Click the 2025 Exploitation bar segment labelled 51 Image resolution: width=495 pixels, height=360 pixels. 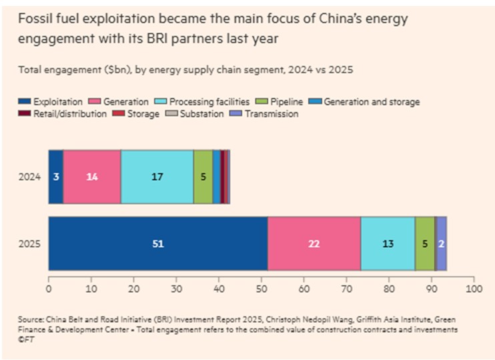click(157, 244)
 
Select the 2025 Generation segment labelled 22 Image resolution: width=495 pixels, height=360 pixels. click(314, 244)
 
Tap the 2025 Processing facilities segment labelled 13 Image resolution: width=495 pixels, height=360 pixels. click(388, 244)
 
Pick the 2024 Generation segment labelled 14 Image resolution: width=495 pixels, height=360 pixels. click(92, 177)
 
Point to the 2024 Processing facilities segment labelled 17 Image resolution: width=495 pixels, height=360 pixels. click(157, 177)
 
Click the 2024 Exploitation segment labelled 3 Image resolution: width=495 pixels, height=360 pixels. click(56, 177)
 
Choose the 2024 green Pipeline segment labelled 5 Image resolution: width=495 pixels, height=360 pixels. click(203, 177)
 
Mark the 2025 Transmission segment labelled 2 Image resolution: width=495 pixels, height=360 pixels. click(442, 244)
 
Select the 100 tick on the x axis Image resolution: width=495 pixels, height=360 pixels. click(474, 289)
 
